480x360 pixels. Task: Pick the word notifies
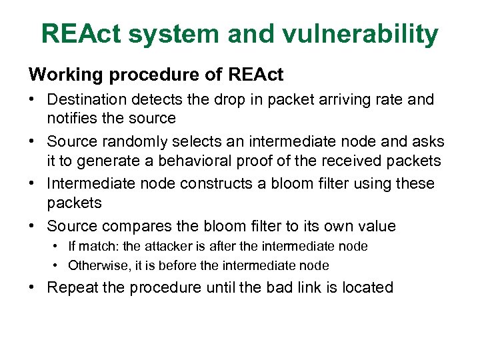click(x=71, y=118)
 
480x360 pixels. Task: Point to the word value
click(x=375, y=225)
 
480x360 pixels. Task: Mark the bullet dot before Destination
click(x=33, y=100)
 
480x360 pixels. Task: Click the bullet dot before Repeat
click(x=33, y=288)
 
